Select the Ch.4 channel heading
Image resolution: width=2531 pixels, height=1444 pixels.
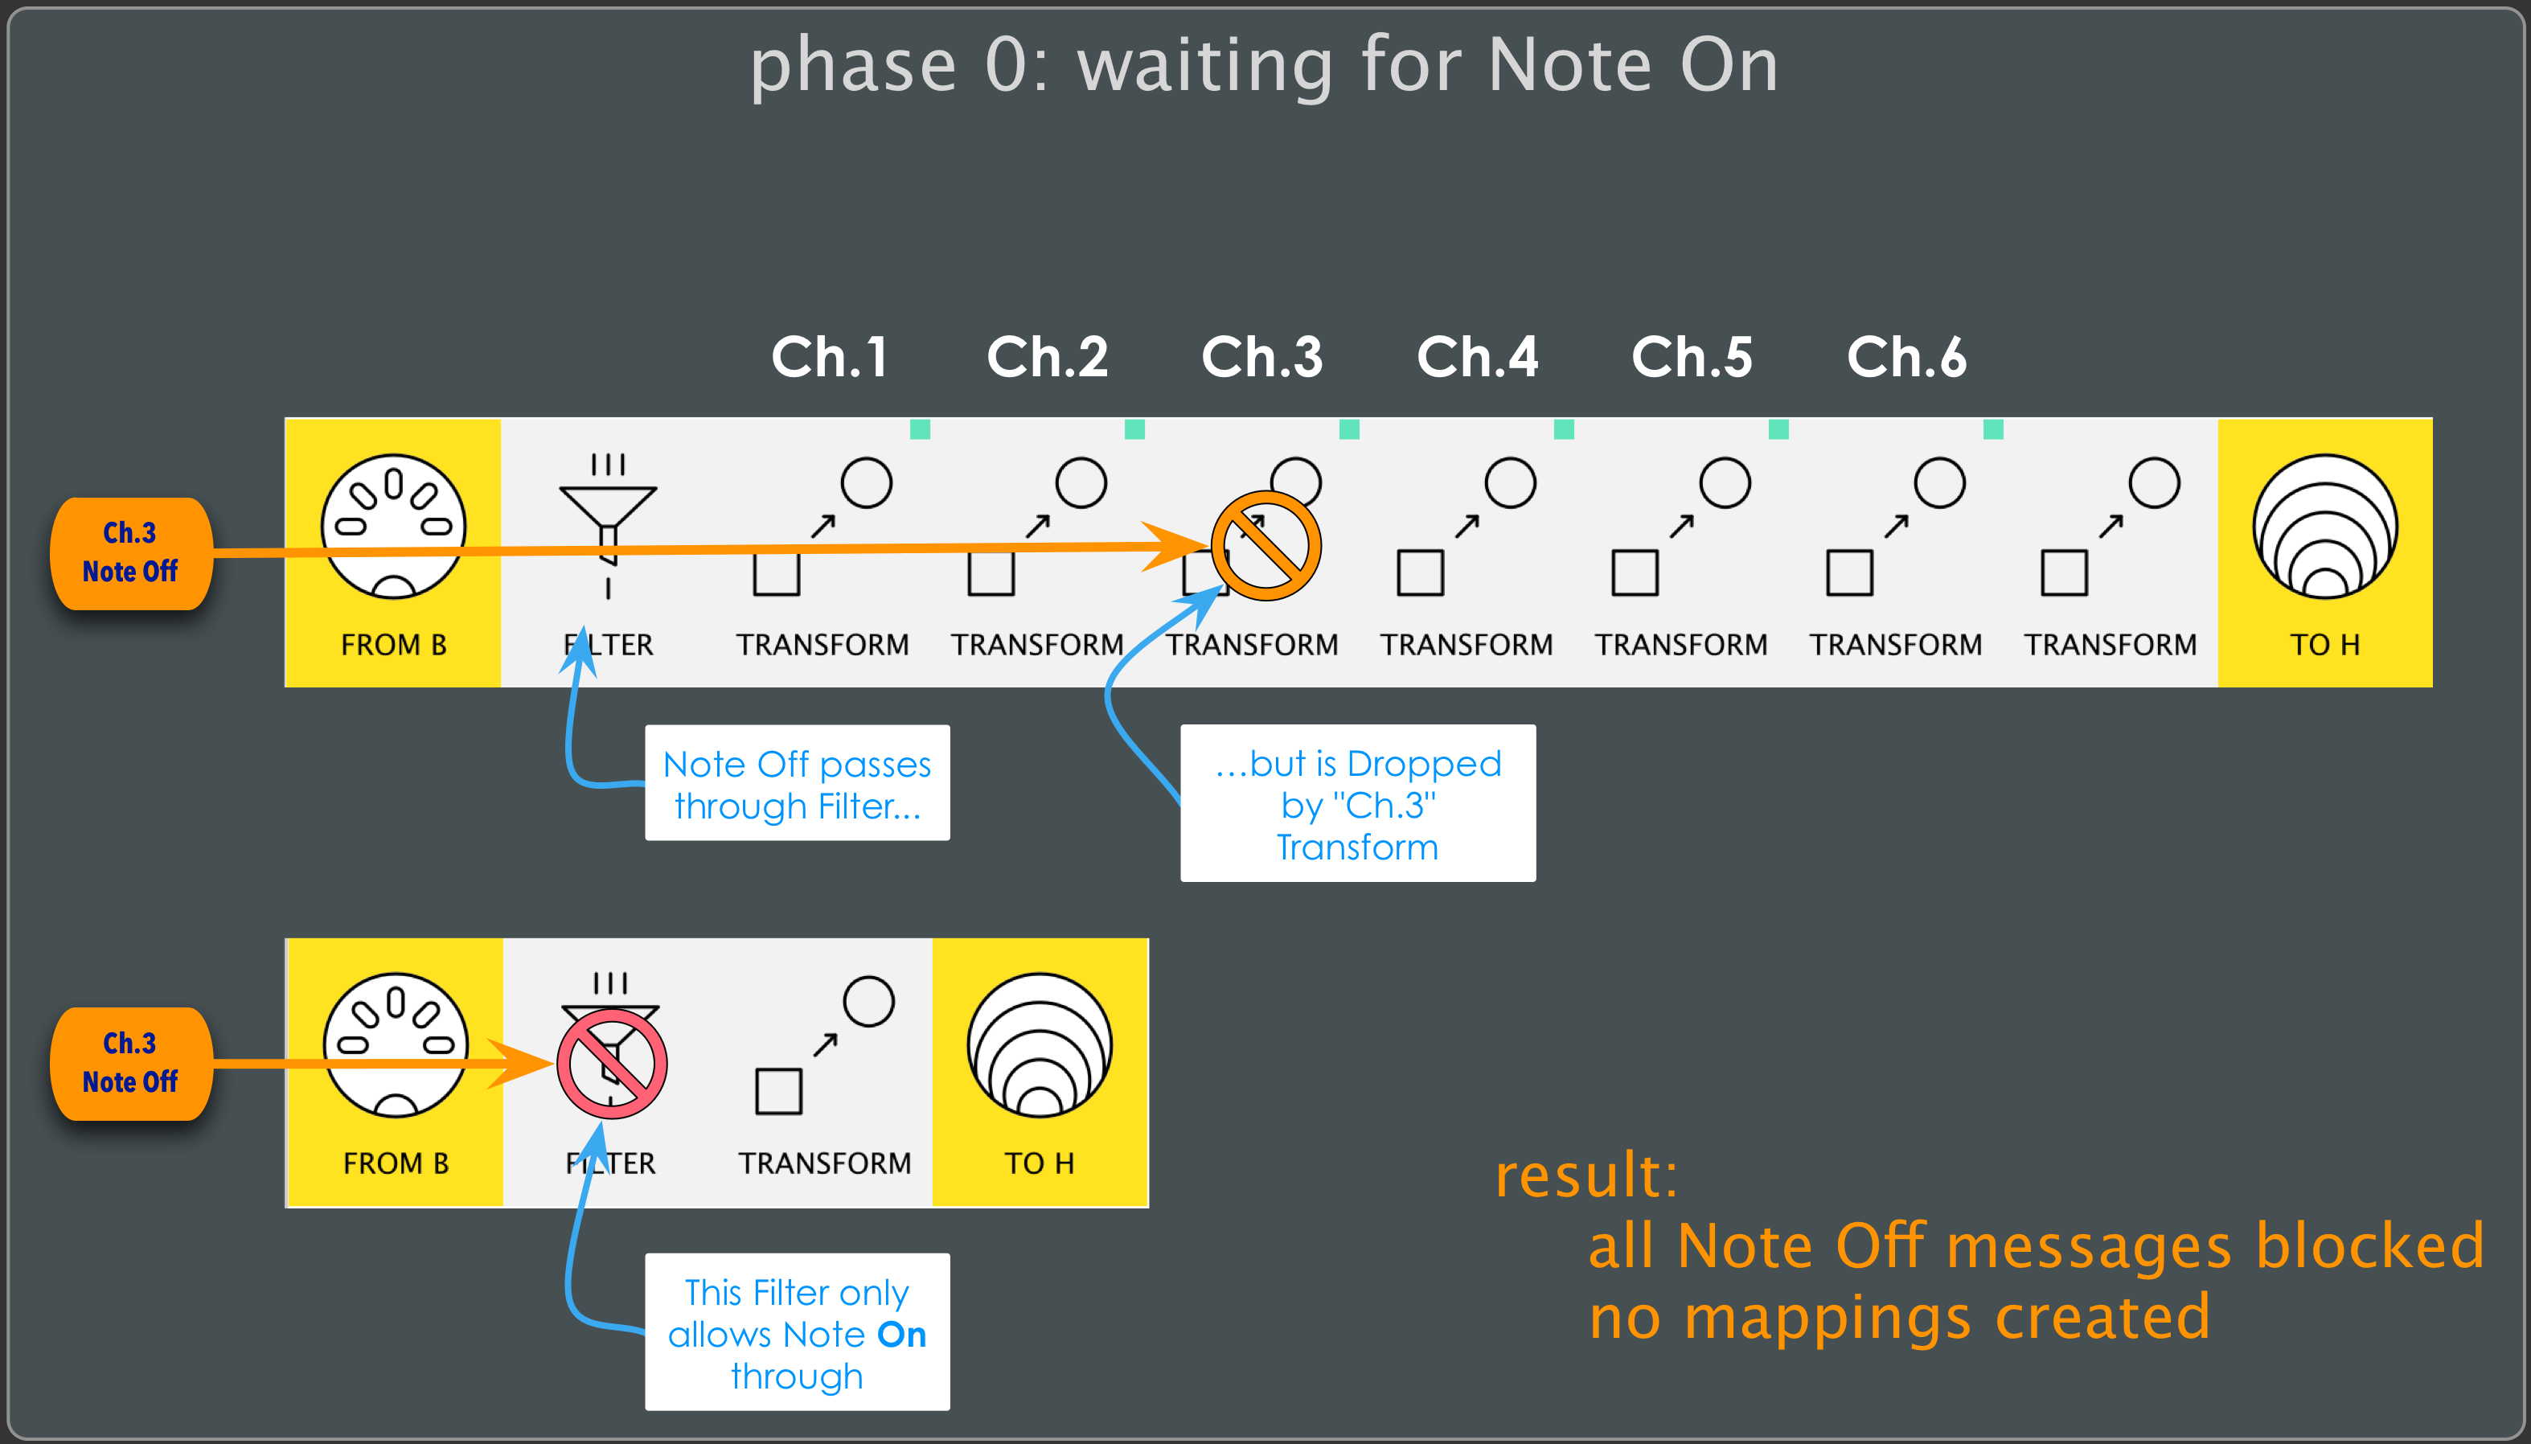[x=1477, y=357]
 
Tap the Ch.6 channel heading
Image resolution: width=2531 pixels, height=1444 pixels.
[x=1906, y=357]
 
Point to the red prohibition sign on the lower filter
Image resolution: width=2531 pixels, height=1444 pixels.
[x=611, y=1065]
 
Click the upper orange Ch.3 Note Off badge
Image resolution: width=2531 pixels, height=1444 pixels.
[x=130, y=552]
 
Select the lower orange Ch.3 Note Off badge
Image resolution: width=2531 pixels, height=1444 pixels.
[x=130, y=1063]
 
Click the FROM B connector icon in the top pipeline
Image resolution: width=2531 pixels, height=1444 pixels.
[x=394, y=527]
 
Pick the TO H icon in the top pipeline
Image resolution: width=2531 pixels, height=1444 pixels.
[x=2324, y=527]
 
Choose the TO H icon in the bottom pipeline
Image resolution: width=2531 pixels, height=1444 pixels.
[x=1040, y=1045]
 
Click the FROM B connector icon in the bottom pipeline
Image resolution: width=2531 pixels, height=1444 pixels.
[x=396, y=1045]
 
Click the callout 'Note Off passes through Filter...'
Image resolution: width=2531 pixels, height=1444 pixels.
[x=798, y=782]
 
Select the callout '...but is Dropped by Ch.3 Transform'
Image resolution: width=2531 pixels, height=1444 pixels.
[x=1358, y=803]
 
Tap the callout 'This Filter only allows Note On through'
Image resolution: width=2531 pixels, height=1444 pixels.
[x=798, y=1332]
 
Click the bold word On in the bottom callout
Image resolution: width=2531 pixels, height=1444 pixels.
[x=901, y=1335]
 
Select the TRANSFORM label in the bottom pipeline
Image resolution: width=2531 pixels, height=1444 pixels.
[x=824, y=1163]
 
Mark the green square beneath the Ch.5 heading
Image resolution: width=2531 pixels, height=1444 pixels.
[x=1778, y=429]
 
